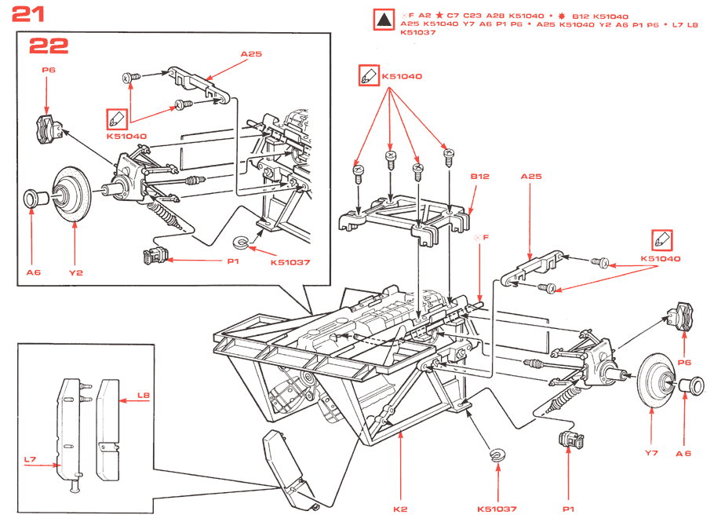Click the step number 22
pyautogui.click(x=49, y=46)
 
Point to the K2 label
pyautogui.click(x=400, y=509)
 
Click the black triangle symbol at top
pyautogui.click(x=383, y=20)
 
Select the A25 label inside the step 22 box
pyautogui.click(x=250, y=55)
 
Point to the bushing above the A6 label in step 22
pyautogui.click(x=32, y=197)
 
